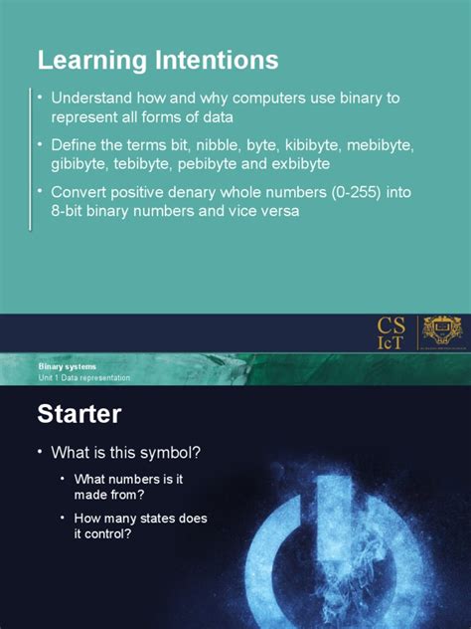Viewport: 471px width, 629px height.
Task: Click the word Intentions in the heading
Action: coord(213,61)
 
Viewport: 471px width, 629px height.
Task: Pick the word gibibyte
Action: coord(81,162)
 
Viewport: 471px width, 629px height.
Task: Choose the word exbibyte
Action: coord(311,162)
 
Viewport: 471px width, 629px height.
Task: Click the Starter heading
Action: coord(79,413)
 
